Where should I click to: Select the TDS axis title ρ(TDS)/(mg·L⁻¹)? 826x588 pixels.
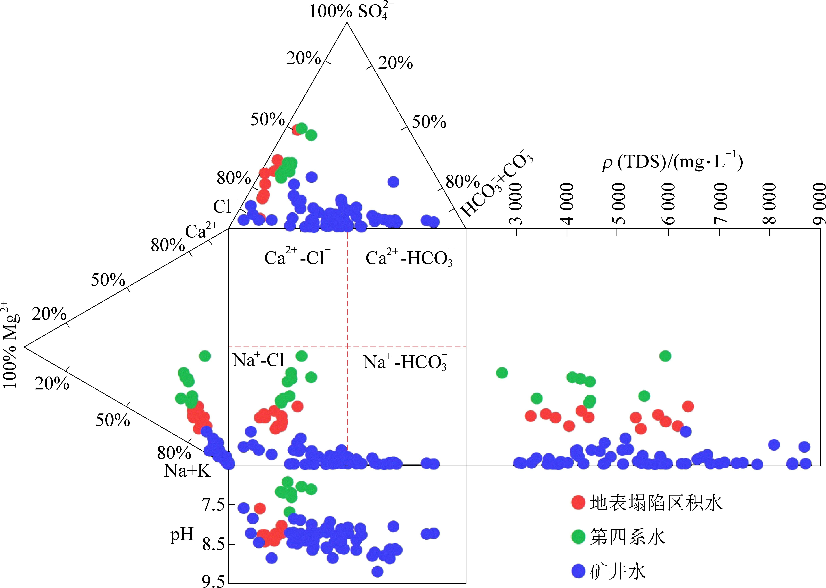(x=672, y=162)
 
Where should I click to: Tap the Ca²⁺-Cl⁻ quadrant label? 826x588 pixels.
(x=297, y=257)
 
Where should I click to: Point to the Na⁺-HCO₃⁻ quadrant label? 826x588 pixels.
(x=405, y=362)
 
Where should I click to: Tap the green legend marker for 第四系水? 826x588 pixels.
(x=578, y=537)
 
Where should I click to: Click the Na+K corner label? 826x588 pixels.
(x=187, y=471)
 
